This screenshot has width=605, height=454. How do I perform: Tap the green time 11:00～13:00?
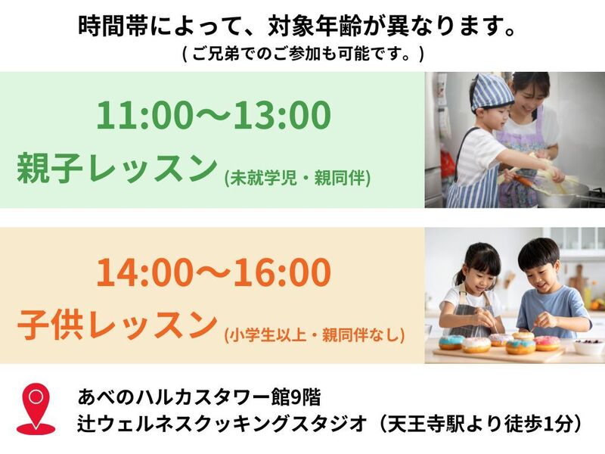(x=213, y=115)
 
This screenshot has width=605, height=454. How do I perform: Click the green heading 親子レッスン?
(x=116, y=167)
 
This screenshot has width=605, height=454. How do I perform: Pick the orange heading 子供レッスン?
(x=116, y=325)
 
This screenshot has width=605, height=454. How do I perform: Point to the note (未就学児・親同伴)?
(x=297, y=178)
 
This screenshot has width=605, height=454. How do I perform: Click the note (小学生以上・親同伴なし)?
(x=315, y=334)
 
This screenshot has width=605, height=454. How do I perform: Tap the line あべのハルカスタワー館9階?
(x=199, y=396)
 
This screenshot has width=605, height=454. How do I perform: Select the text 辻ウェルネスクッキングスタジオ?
(x=222, y=424)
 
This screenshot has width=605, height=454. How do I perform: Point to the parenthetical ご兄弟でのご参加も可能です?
(x=302, y=54)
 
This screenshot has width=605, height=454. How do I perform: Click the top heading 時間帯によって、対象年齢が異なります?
(x=297, y=26)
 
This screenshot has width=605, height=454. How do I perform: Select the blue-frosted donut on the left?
(x=451, y=342)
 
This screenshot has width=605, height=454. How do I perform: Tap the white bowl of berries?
(x=589, y=347)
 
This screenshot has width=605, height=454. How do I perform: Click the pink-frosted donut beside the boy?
(x=547, y=343)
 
